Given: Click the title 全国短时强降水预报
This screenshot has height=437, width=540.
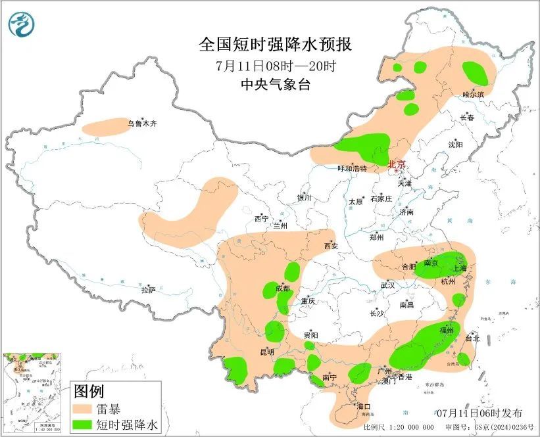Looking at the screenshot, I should click(x=276, y=45).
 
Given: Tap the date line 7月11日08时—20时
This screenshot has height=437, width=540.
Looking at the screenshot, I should click(x=276, y=66).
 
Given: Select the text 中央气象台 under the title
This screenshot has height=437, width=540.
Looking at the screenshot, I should click(x=276, y=84).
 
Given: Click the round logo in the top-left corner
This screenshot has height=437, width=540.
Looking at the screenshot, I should click(x=21, y=24).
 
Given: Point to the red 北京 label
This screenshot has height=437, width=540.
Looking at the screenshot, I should click(x=397, y=164).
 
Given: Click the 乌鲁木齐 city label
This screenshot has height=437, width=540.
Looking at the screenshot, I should click(x=142, y=123).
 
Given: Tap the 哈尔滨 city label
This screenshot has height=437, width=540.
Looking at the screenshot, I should click(x=472, y=95).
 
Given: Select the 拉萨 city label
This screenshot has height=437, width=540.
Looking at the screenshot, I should click(x=148, y=289).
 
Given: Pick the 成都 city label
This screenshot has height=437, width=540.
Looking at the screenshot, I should click(x=282, y=288).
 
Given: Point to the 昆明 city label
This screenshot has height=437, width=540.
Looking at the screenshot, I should click(x=267, y=352).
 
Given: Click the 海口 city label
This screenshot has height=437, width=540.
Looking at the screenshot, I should click(x=363, y=406).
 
